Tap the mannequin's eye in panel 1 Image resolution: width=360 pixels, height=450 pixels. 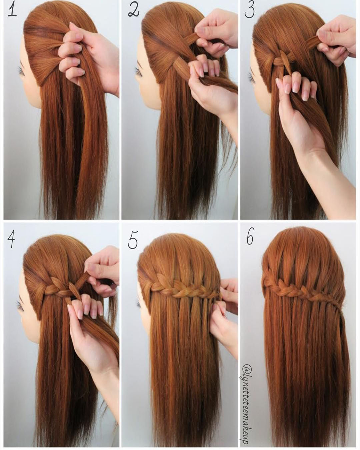[21, 71]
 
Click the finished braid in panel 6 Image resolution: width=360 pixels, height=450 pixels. [293, 288]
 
